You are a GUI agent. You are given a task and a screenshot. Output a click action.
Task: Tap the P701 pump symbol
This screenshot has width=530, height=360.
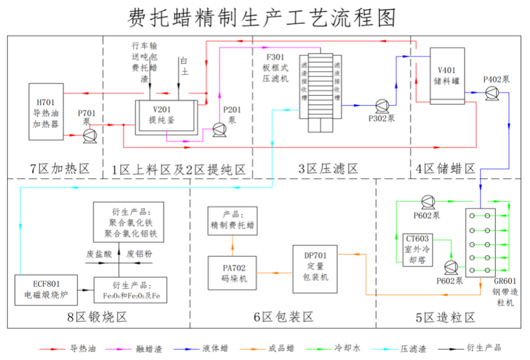(89, 134)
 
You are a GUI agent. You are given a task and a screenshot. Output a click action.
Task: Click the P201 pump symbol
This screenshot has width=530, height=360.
(217, 131)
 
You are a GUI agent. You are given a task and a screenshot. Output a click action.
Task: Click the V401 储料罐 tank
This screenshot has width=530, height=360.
(446, 76)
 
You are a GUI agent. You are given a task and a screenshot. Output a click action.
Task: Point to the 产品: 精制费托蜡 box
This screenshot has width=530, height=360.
(231, 221)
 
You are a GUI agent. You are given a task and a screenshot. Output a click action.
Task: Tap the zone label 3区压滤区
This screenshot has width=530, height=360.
(328, 169)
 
